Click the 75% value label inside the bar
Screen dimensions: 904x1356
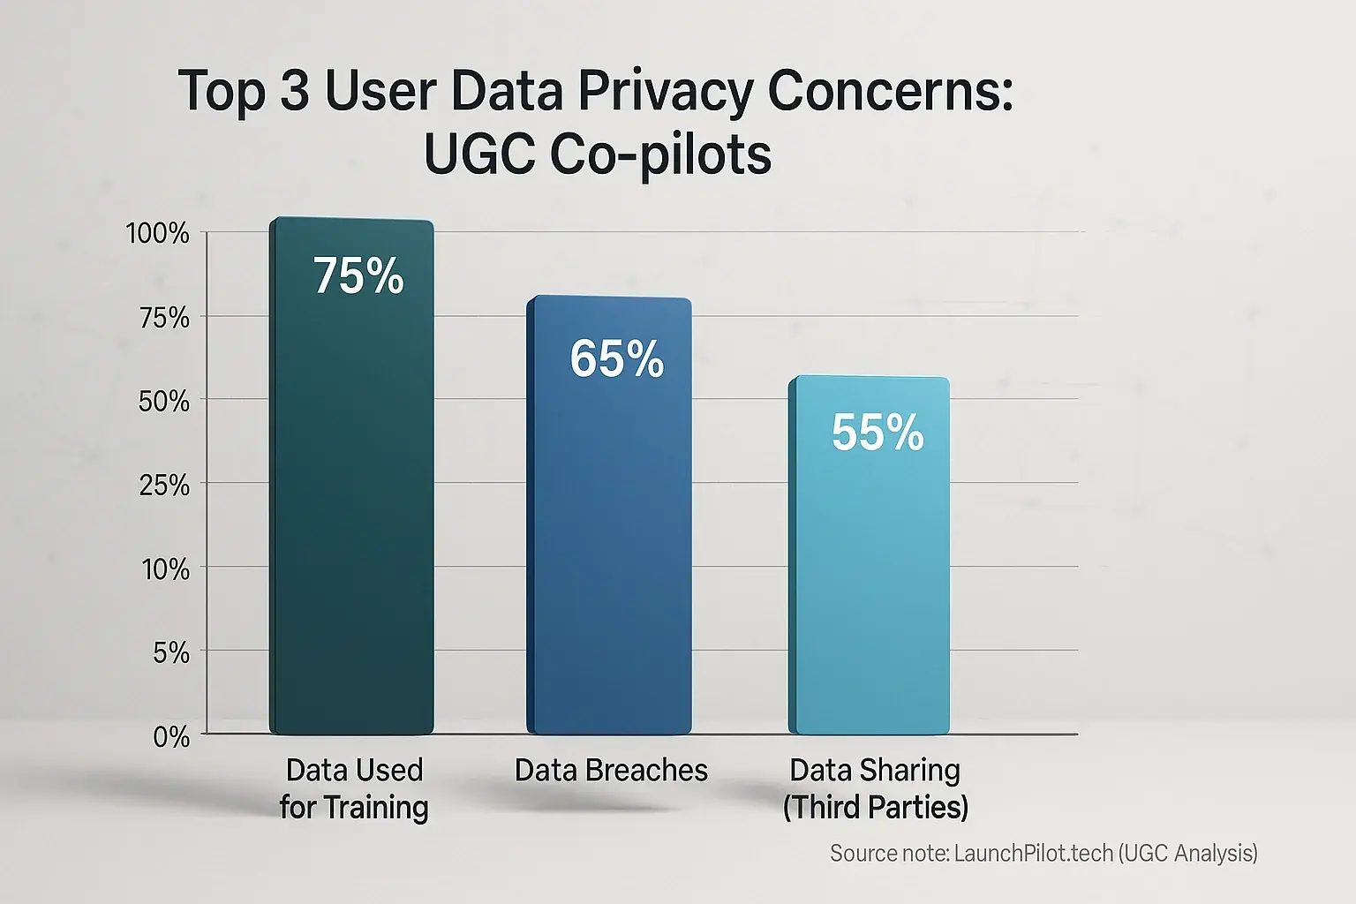pyautogui.click(x=358, y=276)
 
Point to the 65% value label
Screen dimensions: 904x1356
pyautogui.click(x=616, y=359)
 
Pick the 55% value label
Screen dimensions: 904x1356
pyautogui.click(x=878, y=433)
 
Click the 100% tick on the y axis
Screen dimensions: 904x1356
pyautogui.click(x=158, y=234)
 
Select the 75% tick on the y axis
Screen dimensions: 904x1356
pyautogui.click(x=164, y=318)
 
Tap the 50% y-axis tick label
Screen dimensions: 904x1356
pyautogui.click(x=164, y=402)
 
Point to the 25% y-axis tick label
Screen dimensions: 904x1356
pyautogui.click(x=164, y=486)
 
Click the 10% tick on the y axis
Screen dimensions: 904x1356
pyautogui.click(x=166, y=569)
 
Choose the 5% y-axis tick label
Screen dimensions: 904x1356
pyautogui.click(x=171, y=653)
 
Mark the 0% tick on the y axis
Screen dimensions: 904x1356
pyautogui.click(x=171, y=737)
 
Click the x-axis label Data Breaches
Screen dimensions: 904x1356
pyautogui.click(x=611, y=771)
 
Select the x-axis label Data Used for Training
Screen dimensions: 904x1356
pyautogui.click(x=354, y=788)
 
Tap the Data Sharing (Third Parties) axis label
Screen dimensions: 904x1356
pyautogui.click(x=875, y=788)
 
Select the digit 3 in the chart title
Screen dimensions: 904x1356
pyautogui.click(x=295, y=91)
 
